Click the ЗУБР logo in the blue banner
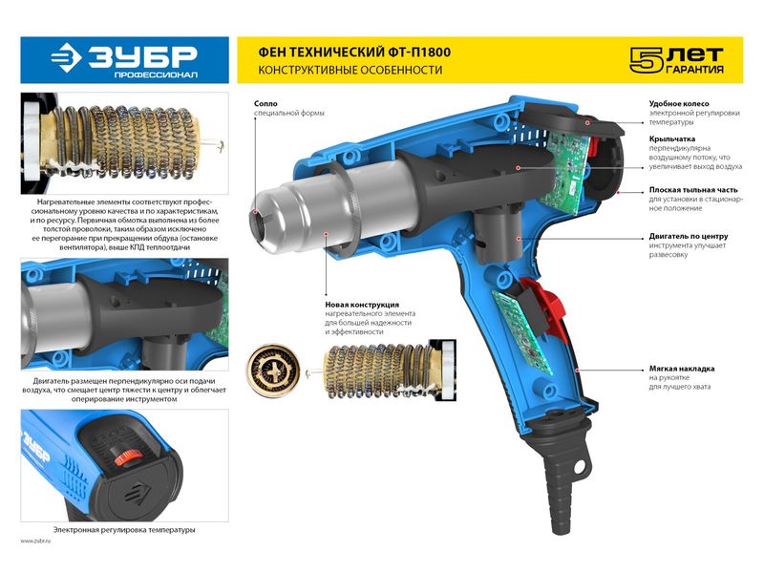(124, 60)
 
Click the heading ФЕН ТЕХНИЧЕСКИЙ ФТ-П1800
(354, 53)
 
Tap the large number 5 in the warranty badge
(646, 60)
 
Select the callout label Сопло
(265, 103)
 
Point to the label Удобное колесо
(679, 103)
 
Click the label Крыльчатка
(672, 138)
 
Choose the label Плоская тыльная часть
(693, 190)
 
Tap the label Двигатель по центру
(689, 236)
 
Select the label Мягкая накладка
(682, 369)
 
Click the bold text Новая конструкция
(362, 305)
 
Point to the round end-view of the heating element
(273, 369)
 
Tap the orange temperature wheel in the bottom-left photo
(128, 457)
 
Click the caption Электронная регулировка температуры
(124, 530)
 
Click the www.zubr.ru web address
(35, 541)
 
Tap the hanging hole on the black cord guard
(580, 468)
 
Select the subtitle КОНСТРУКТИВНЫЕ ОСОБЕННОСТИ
(350, 70)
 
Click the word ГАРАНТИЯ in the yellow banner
(694, 69)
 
